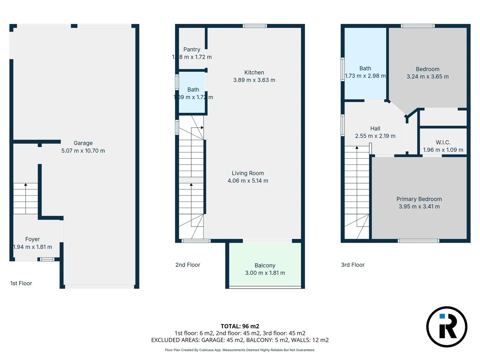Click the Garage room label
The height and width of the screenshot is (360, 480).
tap(83, 143)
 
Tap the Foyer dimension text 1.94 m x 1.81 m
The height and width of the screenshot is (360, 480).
tap(33, 247)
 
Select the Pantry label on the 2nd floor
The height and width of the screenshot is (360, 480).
tap(192, 49)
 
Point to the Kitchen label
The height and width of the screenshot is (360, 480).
tap(254, 72)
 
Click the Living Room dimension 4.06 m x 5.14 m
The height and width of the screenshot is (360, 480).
tap(248, 181)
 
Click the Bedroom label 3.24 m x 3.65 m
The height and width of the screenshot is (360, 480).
tap(428, 73)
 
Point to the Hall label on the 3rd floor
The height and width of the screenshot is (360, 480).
tap(375, 128)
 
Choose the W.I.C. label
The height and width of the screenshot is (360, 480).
tap(443, 142)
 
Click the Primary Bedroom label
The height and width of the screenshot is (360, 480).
tap(419, 199)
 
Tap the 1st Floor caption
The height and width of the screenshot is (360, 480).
tap(21, 283)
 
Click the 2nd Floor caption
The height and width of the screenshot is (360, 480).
tap(188, 265)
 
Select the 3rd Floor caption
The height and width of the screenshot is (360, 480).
tap(353, 265)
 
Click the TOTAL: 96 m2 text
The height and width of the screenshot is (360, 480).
tap(240, 326)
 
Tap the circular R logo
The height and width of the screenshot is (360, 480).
tap(447, 327)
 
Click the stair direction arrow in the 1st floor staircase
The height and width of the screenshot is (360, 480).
tap(26, 185)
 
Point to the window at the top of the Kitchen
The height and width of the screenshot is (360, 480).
tap(255, 26)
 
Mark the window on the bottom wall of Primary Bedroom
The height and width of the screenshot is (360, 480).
tap(419, 241)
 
